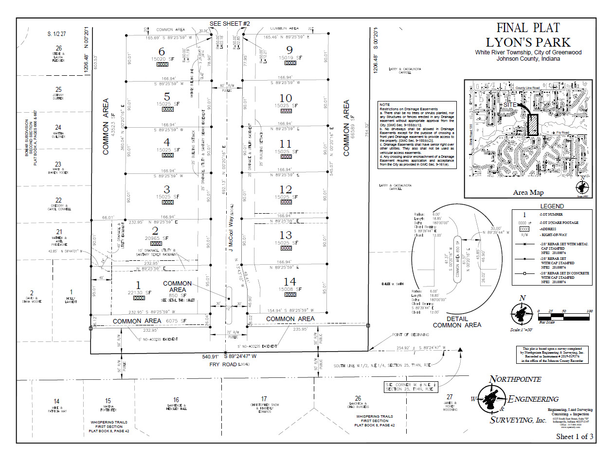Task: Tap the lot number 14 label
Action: point(289,281)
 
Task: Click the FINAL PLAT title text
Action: point(528,28)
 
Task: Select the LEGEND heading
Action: point(552,206)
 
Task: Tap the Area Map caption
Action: point(528,192)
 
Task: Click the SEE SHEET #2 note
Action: point(230,24)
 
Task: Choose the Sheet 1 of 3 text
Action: point(575,437)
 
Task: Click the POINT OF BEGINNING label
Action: point(411,335)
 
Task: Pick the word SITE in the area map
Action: point(510,104)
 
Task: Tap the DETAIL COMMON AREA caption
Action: point(457,322)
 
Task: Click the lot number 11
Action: point(286,144)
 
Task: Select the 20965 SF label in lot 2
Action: point(156,238)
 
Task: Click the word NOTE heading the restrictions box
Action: point(385,104)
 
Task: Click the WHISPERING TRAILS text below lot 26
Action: point(374,416)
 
